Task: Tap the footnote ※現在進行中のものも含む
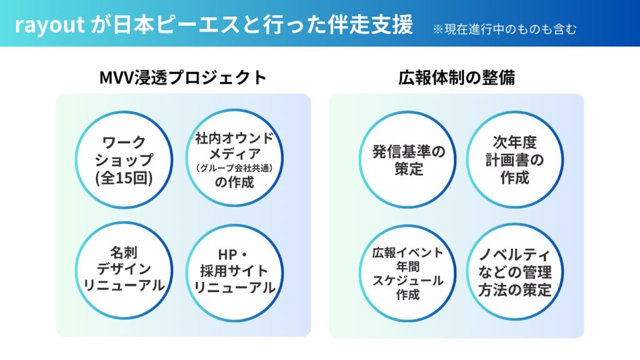click(x=504, y=29)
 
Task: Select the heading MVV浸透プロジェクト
click(x=183, y=77)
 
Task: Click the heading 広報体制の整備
click(x=456, y=77)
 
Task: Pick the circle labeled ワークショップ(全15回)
click(x=123, y=160)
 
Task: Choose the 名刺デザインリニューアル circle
click(x=123, y=270)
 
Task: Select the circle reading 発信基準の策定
click(x=409, y=160)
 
